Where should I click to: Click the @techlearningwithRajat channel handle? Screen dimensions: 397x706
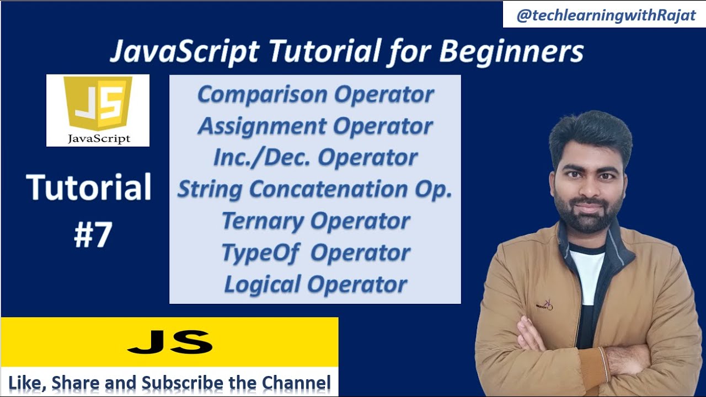point(606,15)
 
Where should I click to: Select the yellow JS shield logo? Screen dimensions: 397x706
point(98,103)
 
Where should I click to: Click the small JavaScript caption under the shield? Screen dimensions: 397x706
point(99,138)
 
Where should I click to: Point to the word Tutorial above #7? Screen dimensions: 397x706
point(89,187)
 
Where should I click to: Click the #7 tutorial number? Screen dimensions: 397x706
point(93,235)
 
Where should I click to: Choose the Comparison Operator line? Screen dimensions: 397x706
point(315,95)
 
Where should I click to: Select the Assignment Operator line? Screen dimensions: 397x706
point(315,126)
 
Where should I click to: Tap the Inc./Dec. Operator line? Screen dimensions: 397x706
point(315,158)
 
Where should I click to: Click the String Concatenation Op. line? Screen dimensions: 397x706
point(314,189)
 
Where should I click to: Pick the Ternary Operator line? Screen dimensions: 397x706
point(315,221)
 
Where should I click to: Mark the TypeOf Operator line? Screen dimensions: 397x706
point(315,253)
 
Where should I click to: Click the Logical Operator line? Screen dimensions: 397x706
point(315,285)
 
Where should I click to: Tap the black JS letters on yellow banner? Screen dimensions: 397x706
point(170,342)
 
